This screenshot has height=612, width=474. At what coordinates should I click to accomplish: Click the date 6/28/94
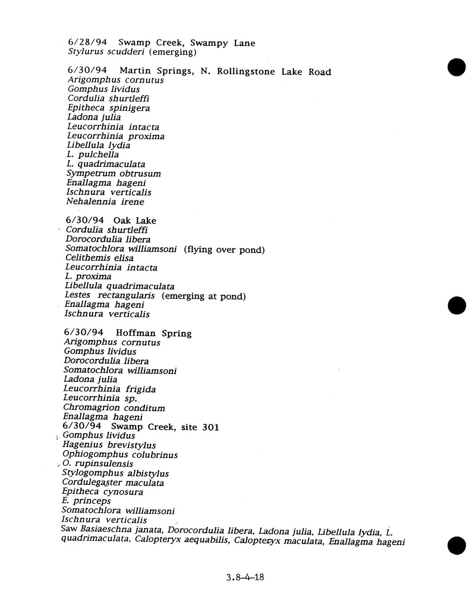(x=87, y=43)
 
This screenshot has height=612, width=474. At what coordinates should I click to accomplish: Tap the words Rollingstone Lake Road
(x=274, y=72)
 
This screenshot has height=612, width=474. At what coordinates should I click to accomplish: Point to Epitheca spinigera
(x=109, y=108)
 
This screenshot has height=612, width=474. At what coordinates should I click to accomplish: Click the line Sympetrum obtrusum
(x=114, y=173)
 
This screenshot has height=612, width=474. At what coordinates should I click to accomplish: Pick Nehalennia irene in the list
(x=105, y=202)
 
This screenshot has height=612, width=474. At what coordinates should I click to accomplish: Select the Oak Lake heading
(x=134, y=221)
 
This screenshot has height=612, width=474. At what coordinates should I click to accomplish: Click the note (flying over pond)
(x=224, y=250)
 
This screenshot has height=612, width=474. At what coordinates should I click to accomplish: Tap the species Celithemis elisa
(x=99, y=258)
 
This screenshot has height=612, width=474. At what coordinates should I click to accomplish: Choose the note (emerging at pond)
(x=203, y=296)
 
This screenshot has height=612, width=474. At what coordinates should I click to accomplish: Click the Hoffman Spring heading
(x=154, y=333)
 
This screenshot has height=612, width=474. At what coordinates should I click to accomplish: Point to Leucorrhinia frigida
(x=109, y=389)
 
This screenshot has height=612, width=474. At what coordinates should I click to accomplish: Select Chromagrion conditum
(x=114, y=408)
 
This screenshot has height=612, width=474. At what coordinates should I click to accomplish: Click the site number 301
(x=210, y=427)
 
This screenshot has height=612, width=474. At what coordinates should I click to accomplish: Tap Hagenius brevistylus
(x=109, y=445)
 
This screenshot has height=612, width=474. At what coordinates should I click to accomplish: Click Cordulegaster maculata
(x=113, y=483)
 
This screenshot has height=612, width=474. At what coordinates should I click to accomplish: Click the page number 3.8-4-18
(x=245, y=577)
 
